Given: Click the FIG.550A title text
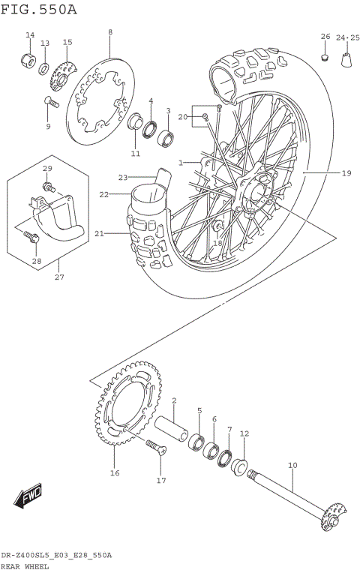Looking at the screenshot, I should [x=39, y=8].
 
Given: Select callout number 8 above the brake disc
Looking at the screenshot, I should [x=109, y=32].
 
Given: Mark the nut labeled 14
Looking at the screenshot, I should [x=28, y=60].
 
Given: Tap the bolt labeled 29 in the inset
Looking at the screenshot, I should [x=49, y=185].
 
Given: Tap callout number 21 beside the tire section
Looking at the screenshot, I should [x=98, y=233].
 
